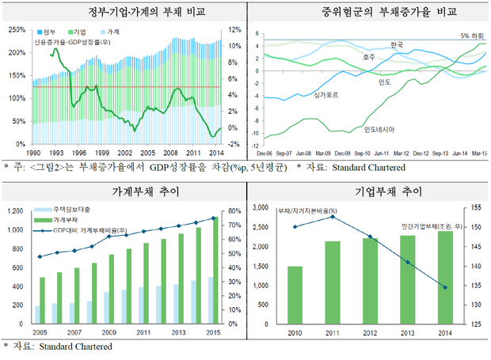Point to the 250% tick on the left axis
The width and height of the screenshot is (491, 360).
click(16, 30)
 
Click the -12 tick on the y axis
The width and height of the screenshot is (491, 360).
click(254, 145)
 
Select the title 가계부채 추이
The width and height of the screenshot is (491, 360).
click(122, 192)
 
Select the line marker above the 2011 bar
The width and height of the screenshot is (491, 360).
click(333, 216)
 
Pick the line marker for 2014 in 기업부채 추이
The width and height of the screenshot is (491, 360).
click(445, 287)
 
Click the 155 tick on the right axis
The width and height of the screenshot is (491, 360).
click(475, 207)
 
